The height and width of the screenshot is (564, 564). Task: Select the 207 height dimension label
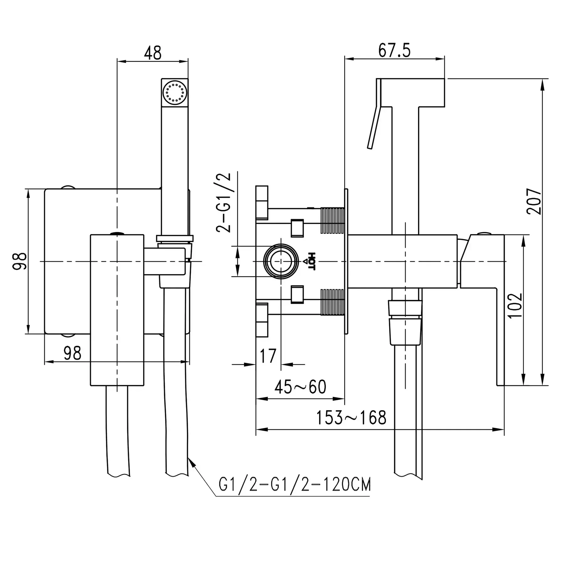click(534, 201)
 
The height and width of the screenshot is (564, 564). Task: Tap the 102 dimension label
click(515, 305)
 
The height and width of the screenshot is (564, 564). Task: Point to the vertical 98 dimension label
click(19, 261)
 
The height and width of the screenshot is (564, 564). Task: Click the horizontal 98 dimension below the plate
click(72, 353)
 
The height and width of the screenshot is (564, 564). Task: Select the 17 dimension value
click(268, 356)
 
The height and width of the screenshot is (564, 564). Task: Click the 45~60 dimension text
click(300, 387)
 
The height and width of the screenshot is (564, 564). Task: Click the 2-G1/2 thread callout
click(224, 202)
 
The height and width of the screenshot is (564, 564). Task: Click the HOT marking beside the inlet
click(311, 261)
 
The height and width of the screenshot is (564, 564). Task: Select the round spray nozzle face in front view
click(175, 92)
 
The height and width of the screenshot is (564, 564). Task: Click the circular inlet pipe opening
click(281, 261)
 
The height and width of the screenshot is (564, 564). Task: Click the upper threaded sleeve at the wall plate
click(332, 220)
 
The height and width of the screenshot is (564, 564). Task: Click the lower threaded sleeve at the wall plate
click(332, 302)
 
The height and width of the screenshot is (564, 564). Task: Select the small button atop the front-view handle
click(117, 233)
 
